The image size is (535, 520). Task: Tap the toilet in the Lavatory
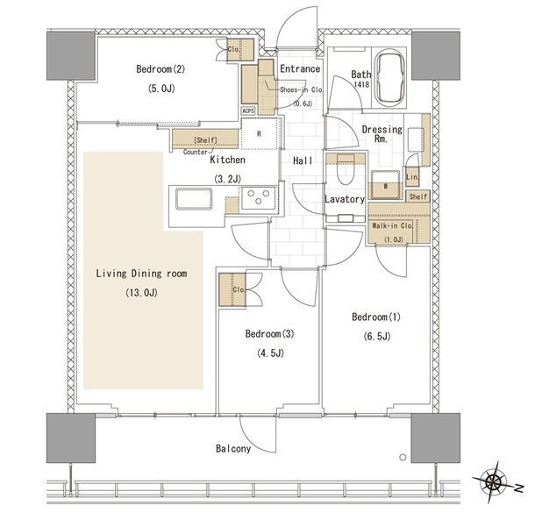coord(346,169)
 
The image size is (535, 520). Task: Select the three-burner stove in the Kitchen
coord(259,198)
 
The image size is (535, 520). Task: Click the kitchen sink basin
coord(194,198)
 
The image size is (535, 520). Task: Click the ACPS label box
coord(248,110)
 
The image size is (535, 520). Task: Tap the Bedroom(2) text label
coord(160,69)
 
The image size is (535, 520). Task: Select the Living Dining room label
coord(141,274)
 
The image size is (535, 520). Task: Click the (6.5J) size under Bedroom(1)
coord(376,337)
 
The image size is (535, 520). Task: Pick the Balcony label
coord(233,448)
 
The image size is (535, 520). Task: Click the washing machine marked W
coord(386,185)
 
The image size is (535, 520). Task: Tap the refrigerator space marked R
coord(259,134)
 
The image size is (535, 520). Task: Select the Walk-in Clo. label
coord(392,225)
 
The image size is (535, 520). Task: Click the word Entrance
coord(300,68)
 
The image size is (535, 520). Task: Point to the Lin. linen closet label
coord(412,177)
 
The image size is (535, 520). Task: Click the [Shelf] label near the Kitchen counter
coord(205,140)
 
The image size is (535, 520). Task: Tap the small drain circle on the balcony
coord(403,457)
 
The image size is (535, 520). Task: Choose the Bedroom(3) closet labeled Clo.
coord(232,289)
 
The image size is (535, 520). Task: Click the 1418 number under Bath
coord(361,84)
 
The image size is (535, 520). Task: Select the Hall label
coord(303,160)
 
